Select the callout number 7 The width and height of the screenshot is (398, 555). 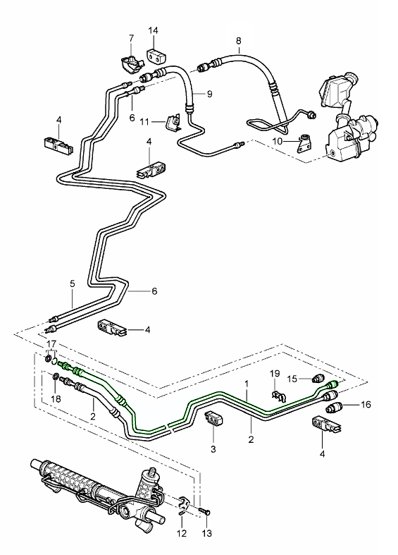click(x=131, y=37)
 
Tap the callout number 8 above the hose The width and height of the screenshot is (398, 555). click(x=238, y=41)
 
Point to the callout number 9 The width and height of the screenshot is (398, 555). click(x=209, y=94)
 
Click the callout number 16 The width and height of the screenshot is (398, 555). click(x=365, y=405)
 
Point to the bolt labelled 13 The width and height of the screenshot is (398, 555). click(x=204, y=508)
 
